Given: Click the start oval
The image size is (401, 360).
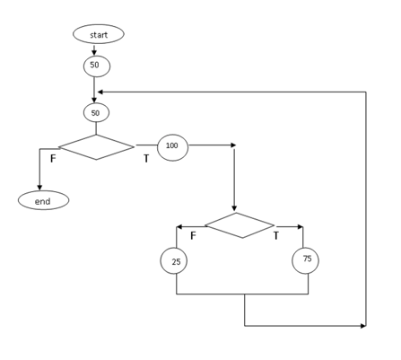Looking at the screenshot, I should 99,34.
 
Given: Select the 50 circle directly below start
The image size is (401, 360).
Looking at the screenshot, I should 96,66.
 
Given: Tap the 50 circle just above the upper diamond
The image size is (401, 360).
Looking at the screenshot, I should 96,113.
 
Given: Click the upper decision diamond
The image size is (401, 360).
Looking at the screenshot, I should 96,147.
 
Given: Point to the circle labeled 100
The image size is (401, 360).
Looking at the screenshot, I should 172,146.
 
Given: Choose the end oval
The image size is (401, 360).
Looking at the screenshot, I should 43,200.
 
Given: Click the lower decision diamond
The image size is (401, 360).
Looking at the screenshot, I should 239,225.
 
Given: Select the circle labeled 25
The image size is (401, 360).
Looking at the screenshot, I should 174,261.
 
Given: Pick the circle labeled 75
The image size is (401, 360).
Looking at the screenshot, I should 305,260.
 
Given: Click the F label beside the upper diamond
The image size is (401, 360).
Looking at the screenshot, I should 53,159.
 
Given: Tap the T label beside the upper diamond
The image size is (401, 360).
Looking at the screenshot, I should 146,159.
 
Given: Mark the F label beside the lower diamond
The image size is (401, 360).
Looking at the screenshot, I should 193,236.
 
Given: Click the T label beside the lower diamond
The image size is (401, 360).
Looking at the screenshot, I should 276,236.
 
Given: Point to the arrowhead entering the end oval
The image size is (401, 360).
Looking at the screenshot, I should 39,187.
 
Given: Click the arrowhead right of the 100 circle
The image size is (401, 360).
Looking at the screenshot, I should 233,145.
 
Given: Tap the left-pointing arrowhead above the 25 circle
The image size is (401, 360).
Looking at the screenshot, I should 179,226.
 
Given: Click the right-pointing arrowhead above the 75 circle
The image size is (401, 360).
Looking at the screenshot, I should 300,226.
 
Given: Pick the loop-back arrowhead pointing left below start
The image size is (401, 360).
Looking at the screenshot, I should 100,92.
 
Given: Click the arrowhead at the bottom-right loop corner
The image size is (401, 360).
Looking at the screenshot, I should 362,326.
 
